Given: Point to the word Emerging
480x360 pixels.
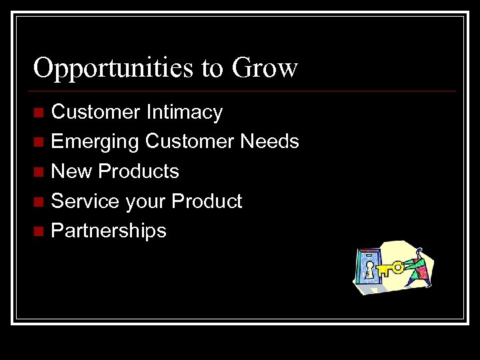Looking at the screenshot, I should coord(95,142).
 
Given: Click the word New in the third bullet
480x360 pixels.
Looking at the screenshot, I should coord(71,171).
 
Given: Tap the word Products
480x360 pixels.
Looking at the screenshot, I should coord(138,171).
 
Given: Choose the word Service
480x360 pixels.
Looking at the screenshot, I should coord(85,201).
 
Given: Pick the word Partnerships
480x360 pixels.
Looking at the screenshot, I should coord(109,231).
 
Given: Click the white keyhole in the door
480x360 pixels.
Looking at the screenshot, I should coord(369,269).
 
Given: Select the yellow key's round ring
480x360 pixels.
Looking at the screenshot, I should coord(398,267).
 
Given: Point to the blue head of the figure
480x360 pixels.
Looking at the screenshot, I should coord(420,253).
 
